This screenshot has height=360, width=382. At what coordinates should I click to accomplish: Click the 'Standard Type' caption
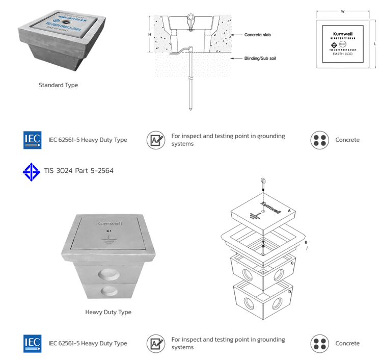(59, 85)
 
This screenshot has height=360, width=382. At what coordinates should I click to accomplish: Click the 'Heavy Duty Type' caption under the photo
(108, 312)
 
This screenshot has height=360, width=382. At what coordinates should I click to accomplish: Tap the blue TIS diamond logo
(31, 171)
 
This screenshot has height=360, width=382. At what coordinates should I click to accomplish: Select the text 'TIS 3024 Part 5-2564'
(79, 171)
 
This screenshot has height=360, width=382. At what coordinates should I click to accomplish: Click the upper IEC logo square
(32, 140)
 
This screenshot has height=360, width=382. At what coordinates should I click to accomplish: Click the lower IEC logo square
(32, 344)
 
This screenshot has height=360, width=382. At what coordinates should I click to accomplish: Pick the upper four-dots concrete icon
(320, 140)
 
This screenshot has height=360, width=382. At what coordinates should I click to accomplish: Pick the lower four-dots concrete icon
(320, 344)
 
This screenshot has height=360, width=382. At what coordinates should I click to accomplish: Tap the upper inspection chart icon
(156, 140)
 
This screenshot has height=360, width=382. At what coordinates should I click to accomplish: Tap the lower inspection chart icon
(156, 344)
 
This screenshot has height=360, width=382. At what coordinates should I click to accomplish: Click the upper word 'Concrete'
(347, 140)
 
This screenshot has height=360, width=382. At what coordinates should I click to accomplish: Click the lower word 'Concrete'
(347, 344)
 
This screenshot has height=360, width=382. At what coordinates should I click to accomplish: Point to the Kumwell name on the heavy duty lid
(108, 223)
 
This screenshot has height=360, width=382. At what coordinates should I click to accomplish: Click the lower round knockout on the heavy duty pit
(108, 292)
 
